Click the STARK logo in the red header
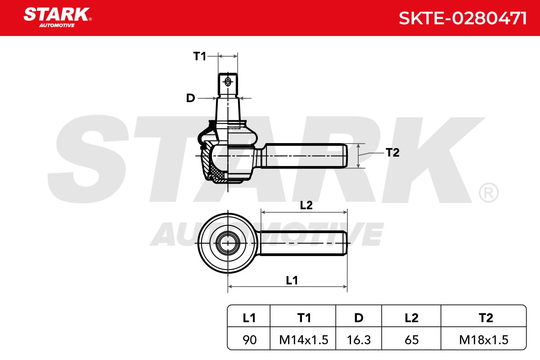click(x=58, y=18)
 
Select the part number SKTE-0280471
click(x=463, y=18)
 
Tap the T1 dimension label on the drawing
click(x=199, y=56)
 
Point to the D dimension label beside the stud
click(x=190, y=98)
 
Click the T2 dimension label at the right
click(x=392, y=153)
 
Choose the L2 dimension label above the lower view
click(x=306, y=205)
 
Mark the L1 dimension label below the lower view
click(x=292, y=280)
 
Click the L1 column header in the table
click(x=249, y=318)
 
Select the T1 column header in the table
click(x=304, y=318)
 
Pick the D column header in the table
click(x=359, y=318)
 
